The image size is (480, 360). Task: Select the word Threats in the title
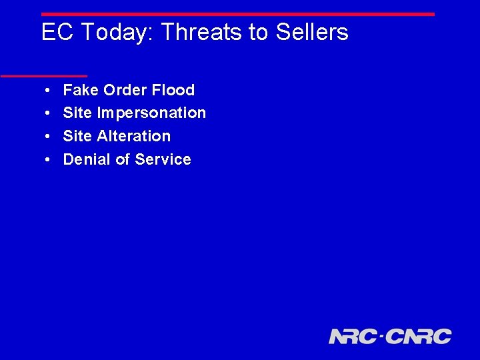tap(202, 32)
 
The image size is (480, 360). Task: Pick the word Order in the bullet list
tap(124, 90)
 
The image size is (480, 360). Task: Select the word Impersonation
tap(151, 113)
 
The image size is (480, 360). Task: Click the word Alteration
tap(133, 136)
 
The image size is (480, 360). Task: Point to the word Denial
tap(85, 159)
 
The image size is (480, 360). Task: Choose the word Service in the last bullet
tap(163, 159)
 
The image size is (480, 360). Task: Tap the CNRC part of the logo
tap(418, 336)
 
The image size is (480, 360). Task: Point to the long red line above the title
tap(237, 14)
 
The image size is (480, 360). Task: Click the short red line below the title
tap(43, 76)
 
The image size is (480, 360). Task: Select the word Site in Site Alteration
tap(77, 136)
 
